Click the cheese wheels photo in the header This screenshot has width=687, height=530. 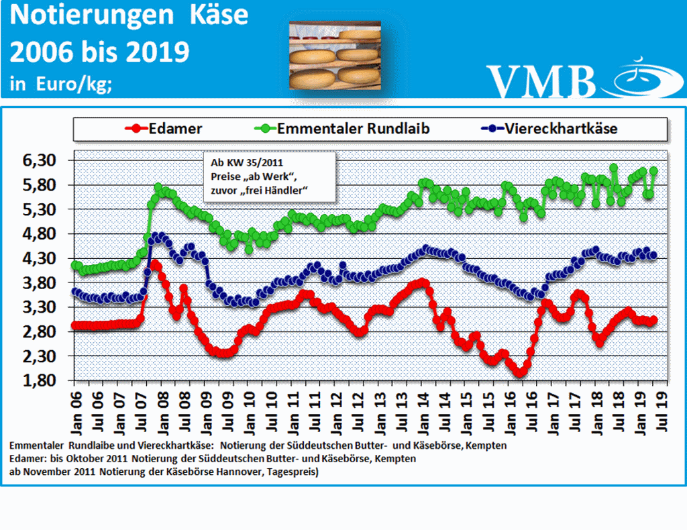click(334, 55)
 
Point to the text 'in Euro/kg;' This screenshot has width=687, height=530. click(61, 85)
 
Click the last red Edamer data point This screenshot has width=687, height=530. click(653, 320)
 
